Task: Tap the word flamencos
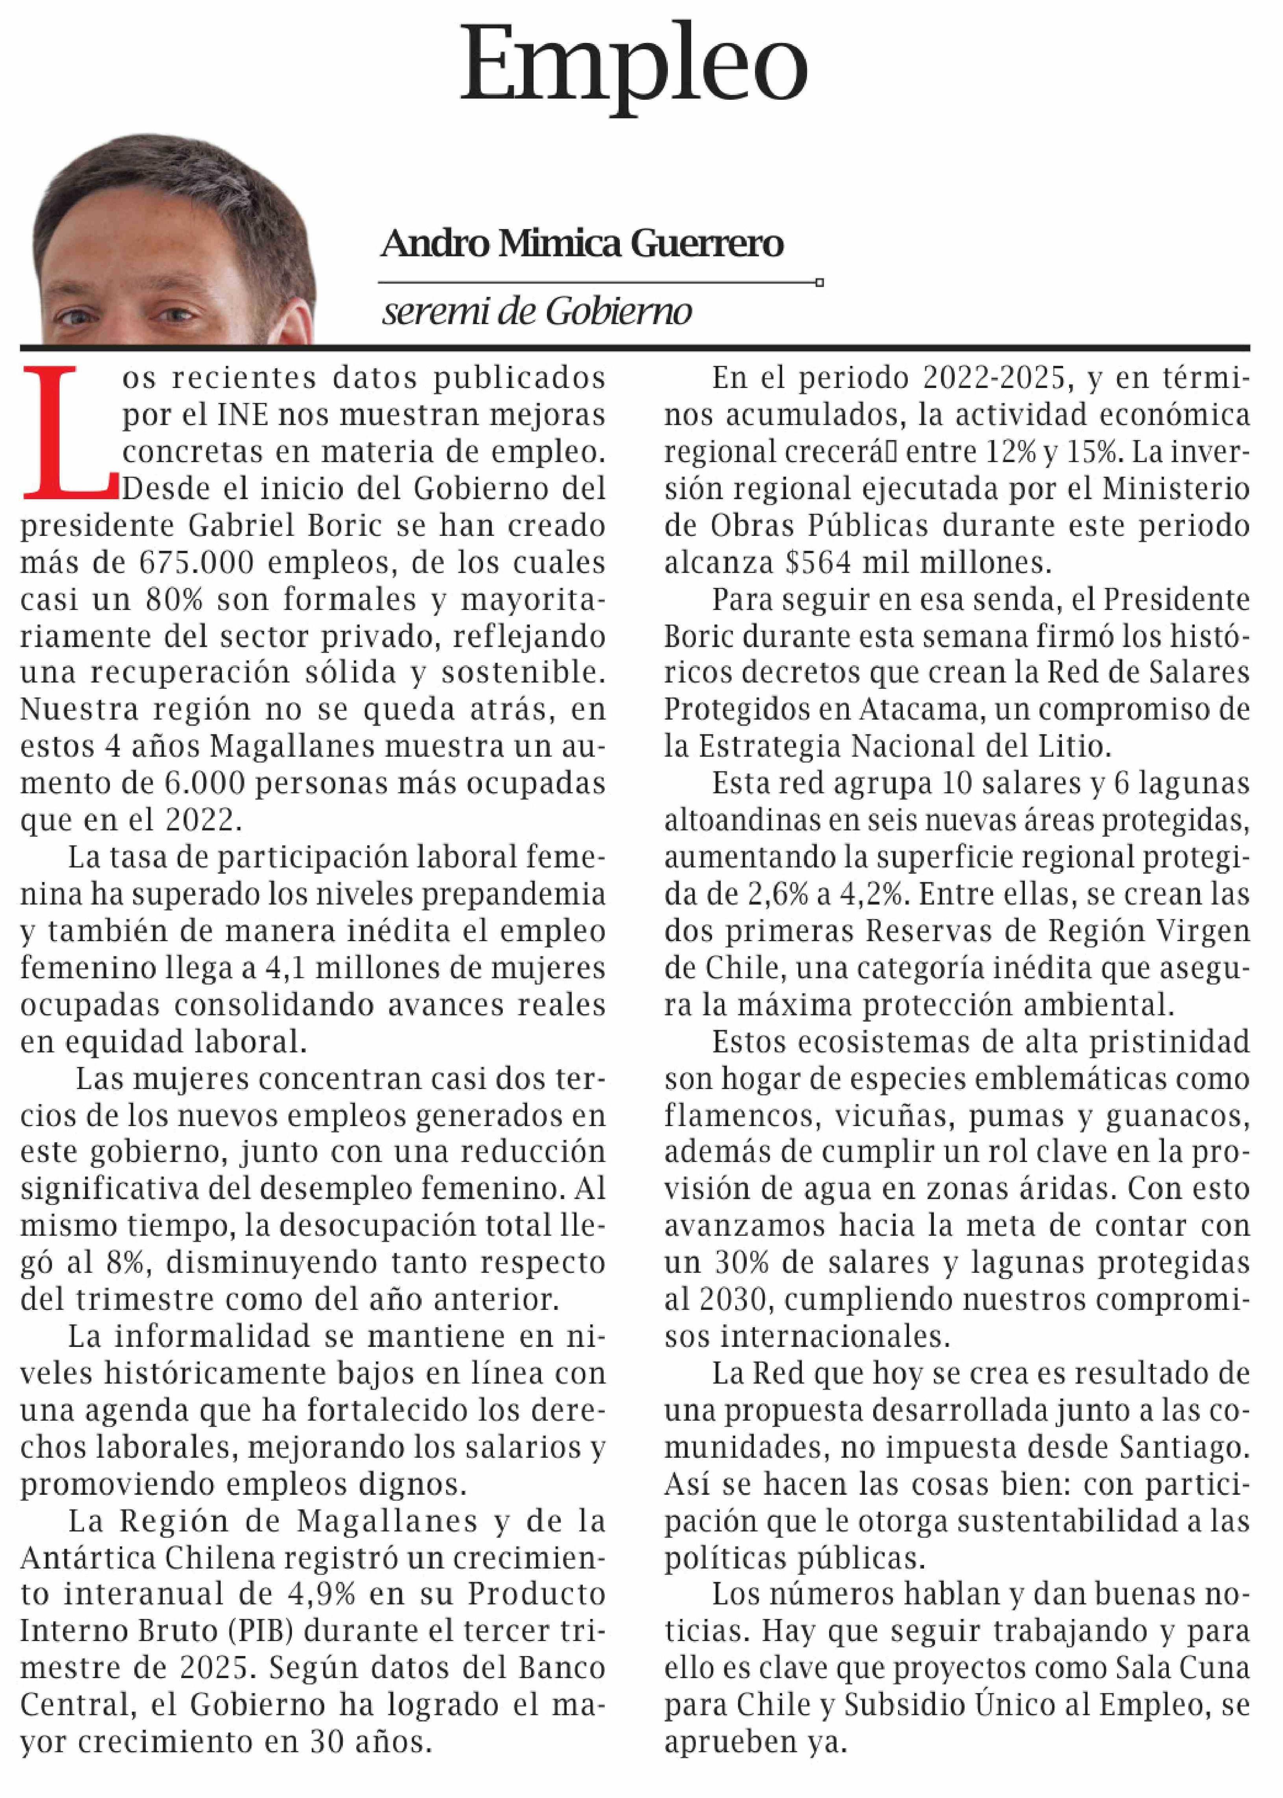click(729, 1115)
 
